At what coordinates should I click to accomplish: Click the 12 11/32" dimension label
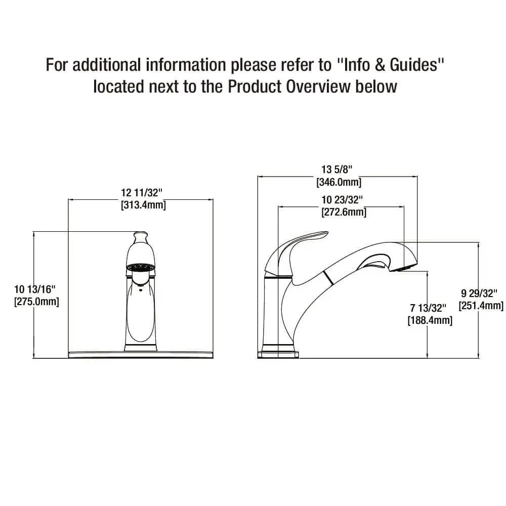click(x=141, y=193)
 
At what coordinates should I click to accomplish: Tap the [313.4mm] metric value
click(x=143, y=205)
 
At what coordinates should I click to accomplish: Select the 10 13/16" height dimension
click(x=35, y=289)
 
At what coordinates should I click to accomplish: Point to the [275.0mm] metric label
click(x=36, y=302)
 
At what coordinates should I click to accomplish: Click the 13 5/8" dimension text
click(x=336, y=170)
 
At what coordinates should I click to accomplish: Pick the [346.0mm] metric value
click(x=339, y=182)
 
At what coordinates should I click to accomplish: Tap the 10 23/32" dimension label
click(x=342, y=200)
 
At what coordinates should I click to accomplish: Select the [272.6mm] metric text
click(x=344, y=212)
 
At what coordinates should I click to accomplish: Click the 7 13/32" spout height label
click(x=428, y=308)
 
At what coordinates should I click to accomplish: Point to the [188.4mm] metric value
click(x=430, y=320)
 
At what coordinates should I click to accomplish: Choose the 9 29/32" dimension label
click(x=479, y=293)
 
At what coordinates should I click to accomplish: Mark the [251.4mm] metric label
click(x=481, y=305)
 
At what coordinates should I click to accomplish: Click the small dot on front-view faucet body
click(x=140, y=289)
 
